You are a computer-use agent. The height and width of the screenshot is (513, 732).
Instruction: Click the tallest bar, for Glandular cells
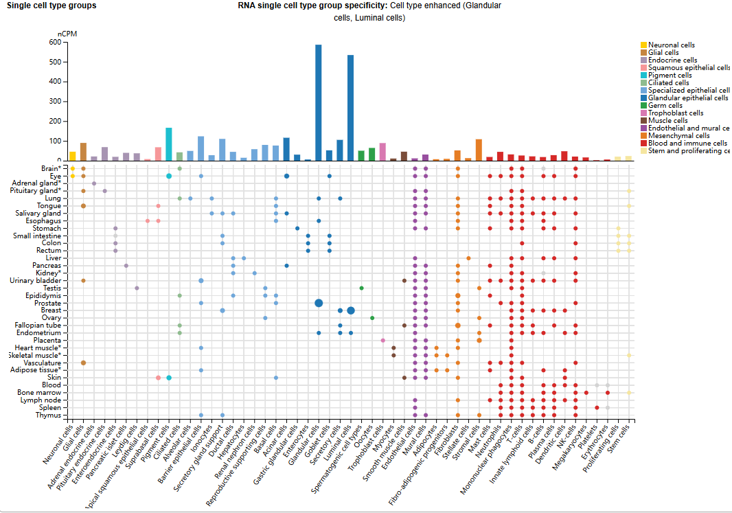pos(319,102)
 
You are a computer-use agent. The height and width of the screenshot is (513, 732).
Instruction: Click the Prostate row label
pos(47,303)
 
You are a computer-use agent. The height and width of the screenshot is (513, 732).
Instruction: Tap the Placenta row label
pos(46,340)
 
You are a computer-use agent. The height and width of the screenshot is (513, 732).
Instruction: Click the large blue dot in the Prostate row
pos(319,303)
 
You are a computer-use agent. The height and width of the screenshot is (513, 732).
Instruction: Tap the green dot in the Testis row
pos(361,288)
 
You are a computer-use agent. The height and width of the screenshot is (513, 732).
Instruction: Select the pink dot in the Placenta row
pos(382,340)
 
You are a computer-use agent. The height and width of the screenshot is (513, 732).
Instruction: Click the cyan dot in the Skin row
pos(169,378)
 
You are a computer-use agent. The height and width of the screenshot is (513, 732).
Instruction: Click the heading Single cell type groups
pos(52,5)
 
